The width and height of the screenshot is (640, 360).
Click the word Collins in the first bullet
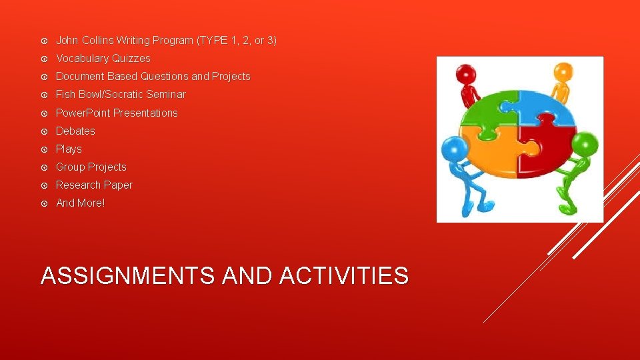pyautogui.click(x=98, y=41)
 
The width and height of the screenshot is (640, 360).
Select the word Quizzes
pyautogui.click(x=132, y=59)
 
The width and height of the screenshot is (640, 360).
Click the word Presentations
pyautogui.click(x=145, y=113)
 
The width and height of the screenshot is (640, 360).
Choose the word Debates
pyautogui.click(x=75, y=131)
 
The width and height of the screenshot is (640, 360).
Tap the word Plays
pyautogui.click(x=69, y=149)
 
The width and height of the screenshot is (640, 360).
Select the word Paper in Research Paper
pyautogui.click(x=118, y=185)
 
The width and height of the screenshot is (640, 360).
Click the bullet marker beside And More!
pyautogui.click(x=44, y=203)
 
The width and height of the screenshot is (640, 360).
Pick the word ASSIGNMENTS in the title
pyautogui.click(x=129, y=275)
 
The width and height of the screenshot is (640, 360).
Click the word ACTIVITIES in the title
pyautogui.click(x=344, y=275)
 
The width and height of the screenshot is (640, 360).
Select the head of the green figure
pyautogui.click(x=585, y=143)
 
